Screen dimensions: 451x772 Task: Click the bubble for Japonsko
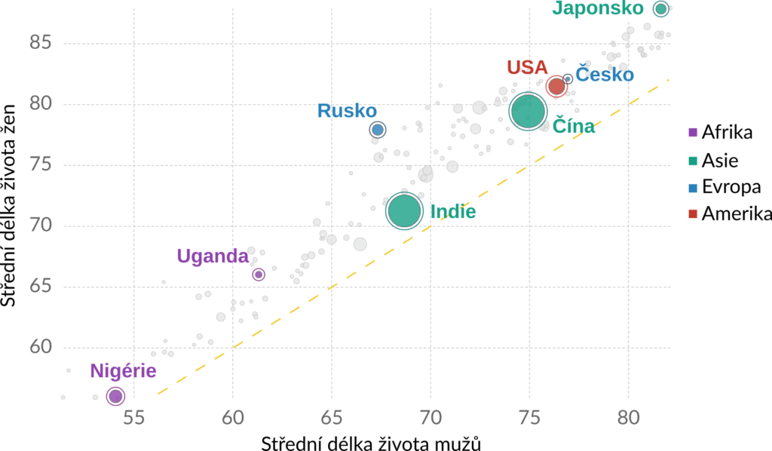coord(661,9)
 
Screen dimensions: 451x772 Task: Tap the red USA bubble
coord(556,87)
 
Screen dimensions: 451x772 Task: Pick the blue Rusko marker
coord(378,130)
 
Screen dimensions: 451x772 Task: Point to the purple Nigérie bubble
coord(115,396)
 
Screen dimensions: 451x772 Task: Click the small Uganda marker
coord(259,275)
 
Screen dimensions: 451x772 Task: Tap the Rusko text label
coord(347,111)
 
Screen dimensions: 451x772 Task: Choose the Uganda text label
coord(213,256)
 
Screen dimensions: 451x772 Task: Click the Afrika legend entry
coord(726,133)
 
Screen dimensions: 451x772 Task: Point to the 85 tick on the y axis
coord(40,43)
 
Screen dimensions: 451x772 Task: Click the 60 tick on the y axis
coord(40,348)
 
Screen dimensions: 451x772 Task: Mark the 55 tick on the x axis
coord(133,416)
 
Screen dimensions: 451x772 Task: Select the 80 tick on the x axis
coord(629,416)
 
